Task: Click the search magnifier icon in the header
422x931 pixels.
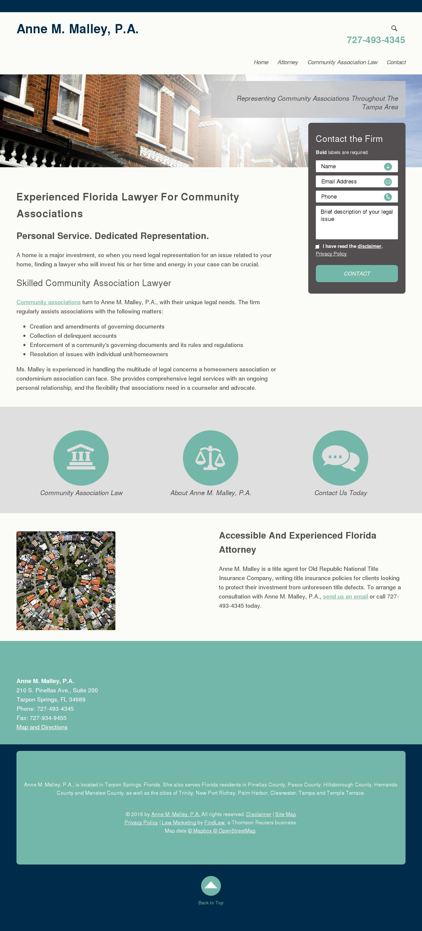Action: (394, 28)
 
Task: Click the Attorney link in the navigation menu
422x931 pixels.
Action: (288, 62)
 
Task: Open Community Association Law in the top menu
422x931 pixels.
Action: (342, 62)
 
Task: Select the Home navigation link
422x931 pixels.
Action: (261, 62)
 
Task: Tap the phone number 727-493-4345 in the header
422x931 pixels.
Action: (376, 40)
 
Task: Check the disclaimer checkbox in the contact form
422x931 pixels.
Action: (317, 247)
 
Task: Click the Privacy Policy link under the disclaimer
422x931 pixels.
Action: (331, 254)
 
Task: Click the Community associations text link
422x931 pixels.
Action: (48, 302)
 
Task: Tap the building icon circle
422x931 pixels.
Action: (81, 458)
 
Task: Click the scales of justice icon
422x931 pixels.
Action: (210, 458)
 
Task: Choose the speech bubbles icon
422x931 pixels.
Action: (340, 458)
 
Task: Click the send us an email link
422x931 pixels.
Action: (345, 596)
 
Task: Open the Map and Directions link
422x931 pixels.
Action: (42, 727)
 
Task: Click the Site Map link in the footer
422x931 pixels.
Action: (286, 814)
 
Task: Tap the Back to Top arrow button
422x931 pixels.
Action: (211, 886)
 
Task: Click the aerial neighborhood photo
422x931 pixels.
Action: (66, 580)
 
